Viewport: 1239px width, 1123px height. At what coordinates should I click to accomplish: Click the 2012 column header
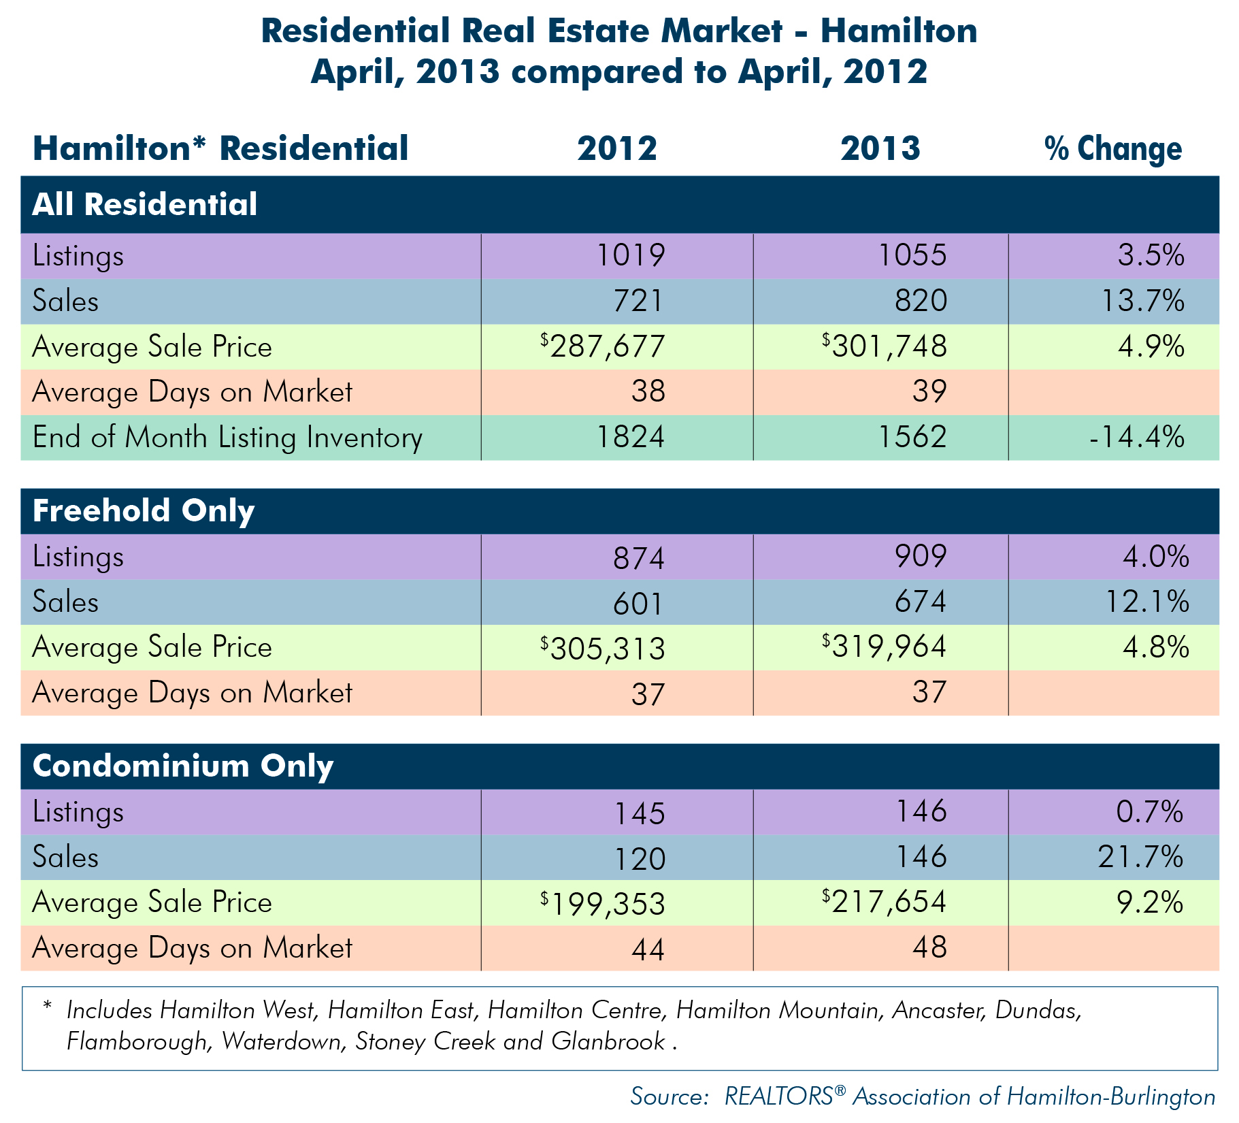[x=617, y=148]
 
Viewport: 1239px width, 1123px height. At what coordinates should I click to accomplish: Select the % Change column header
[x=1113, y=148]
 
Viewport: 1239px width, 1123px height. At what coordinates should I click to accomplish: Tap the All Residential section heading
[x=145, y=204]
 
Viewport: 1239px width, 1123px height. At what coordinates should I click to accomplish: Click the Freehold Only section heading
[x=144, y=510]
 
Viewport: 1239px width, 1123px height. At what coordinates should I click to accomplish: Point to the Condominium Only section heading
[x=183, y=766]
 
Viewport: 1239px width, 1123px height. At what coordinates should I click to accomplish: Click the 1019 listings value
[x=630, y=255]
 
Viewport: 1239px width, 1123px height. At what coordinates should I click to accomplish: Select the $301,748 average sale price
[x=884, y=346]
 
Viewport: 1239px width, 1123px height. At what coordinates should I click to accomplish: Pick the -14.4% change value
[x=1136, y=437]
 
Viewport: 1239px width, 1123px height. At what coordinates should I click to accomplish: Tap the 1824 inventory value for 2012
[x=630, y=437]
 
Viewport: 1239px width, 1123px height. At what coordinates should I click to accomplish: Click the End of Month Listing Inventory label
[x=227, y=438]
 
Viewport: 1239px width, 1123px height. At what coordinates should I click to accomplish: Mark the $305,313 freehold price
[x=603, y=649]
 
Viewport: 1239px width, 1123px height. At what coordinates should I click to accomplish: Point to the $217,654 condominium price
[x=884, y=901]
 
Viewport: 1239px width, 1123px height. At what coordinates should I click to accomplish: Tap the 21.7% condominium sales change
[x=1141, y=857]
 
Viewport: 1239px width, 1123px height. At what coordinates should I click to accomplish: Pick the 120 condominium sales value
[x=640, y=859]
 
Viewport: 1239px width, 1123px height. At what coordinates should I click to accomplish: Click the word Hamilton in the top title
[x=899, y=31]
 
